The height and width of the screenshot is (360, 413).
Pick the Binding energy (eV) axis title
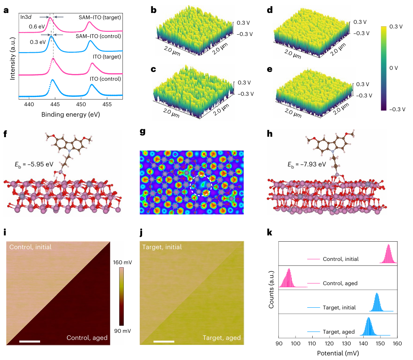pos(70,114)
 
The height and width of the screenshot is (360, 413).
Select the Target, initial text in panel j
pos(162,247)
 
